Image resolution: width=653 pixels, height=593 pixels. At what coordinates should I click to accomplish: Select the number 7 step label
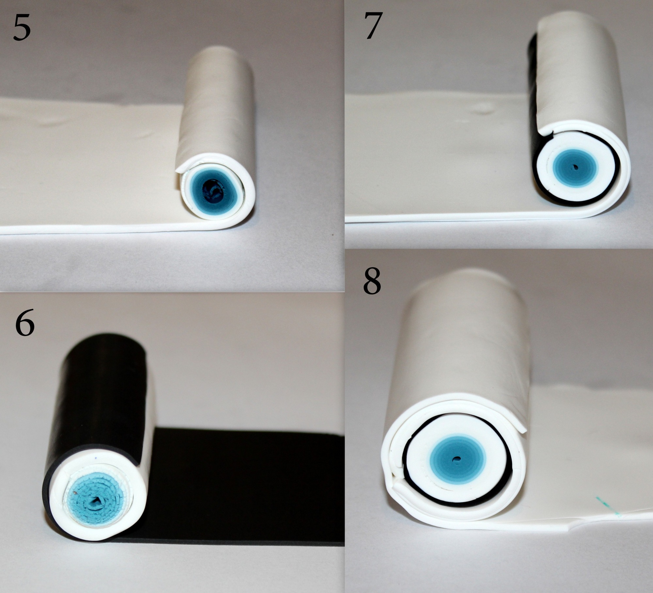tap(373, 26)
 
